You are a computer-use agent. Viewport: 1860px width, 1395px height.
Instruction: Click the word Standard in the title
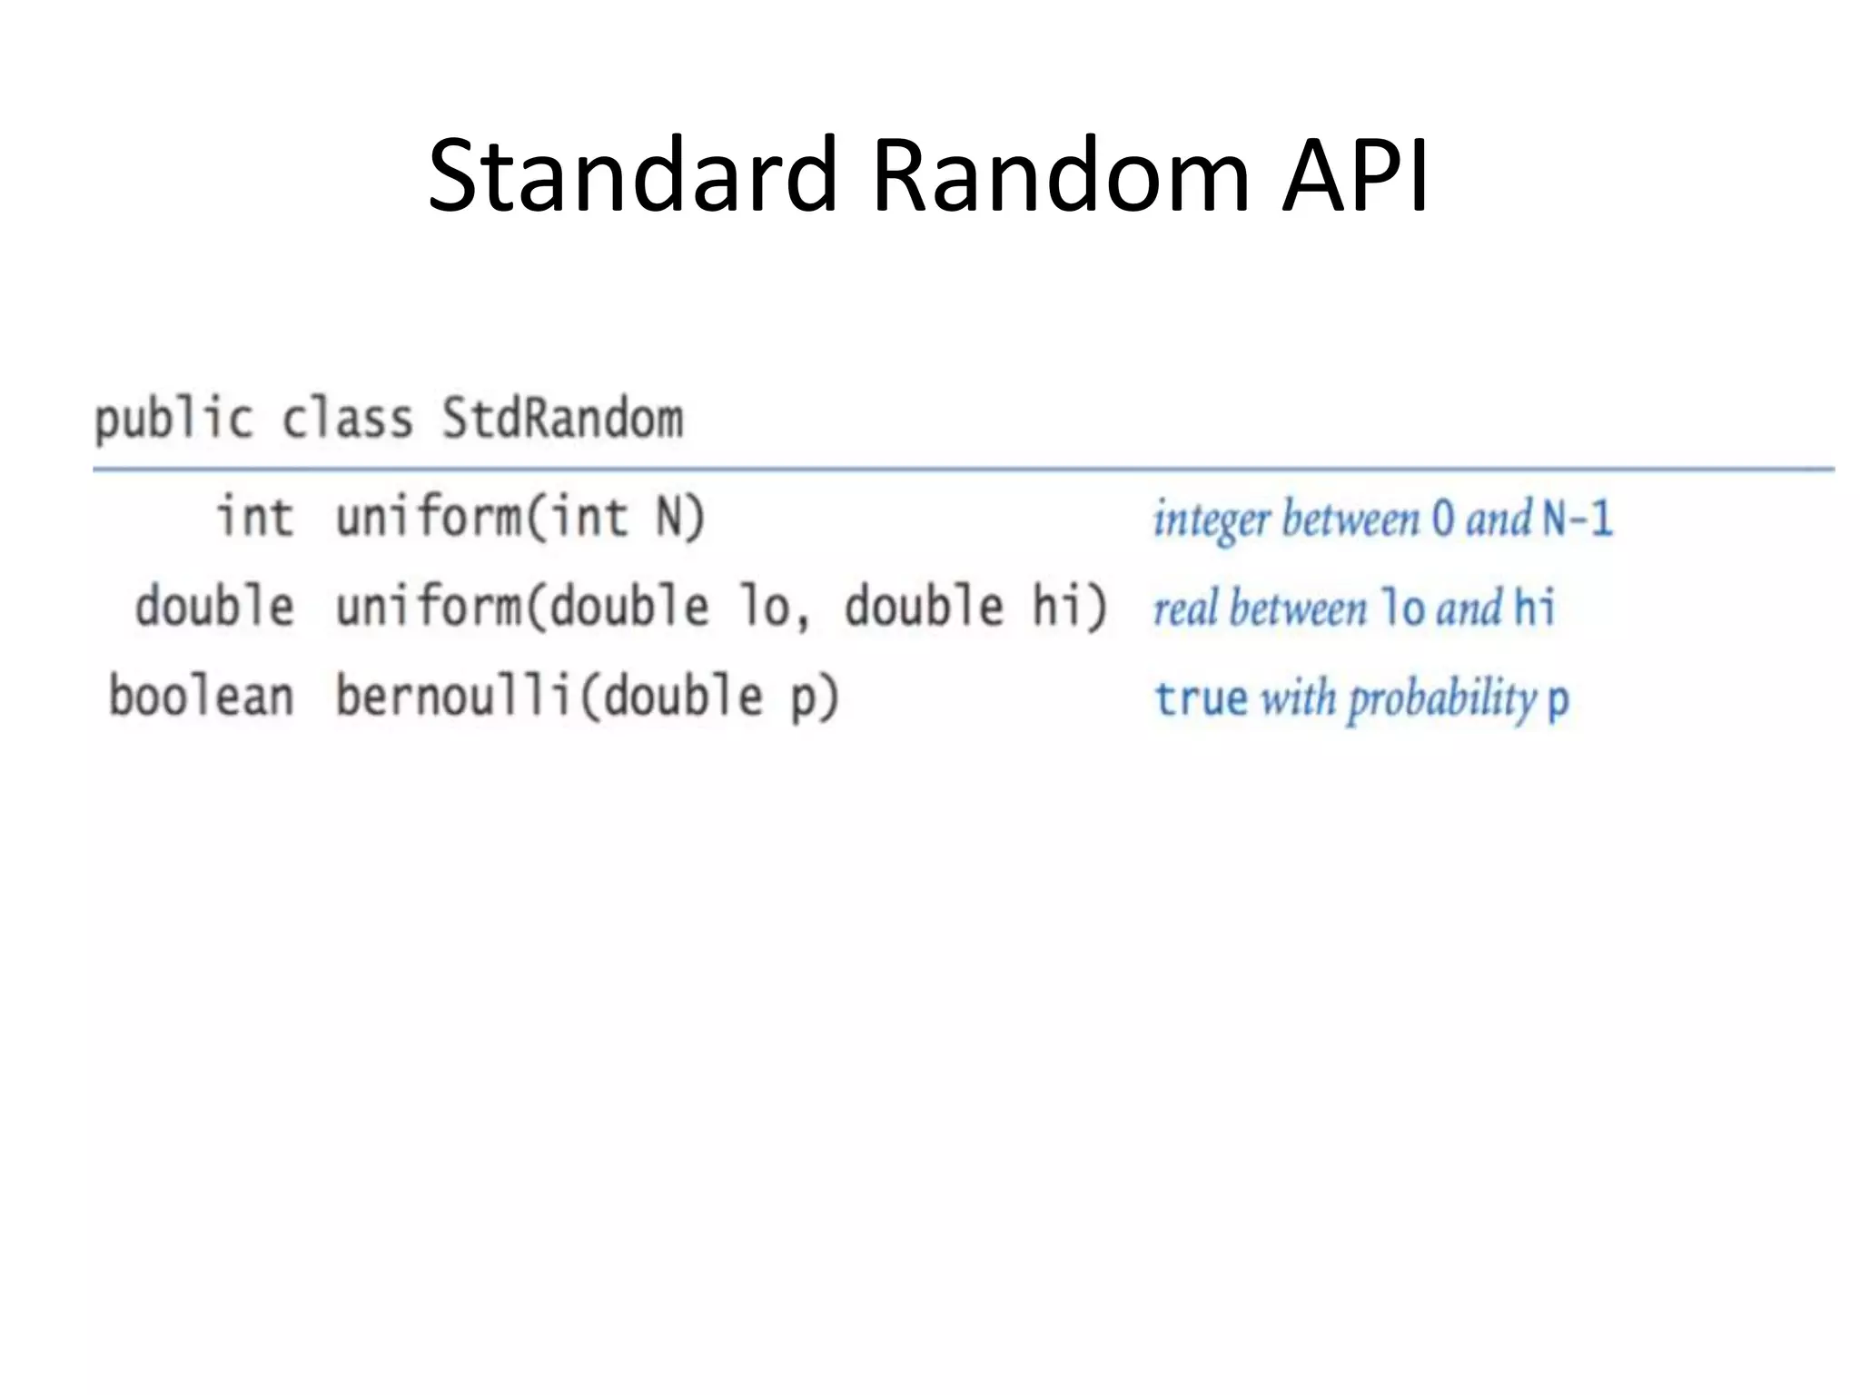(x=632, y=174)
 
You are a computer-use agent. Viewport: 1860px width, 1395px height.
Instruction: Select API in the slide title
(x=1355, y=174)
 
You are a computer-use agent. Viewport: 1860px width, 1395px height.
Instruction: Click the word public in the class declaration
(x=173, y=420)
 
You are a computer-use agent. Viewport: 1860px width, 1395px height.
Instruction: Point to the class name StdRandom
(x=562, y=419)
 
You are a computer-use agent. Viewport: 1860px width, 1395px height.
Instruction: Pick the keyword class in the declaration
(x=347, y=419)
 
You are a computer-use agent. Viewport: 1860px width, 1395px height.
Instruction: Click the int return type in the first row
(x=254, y=517)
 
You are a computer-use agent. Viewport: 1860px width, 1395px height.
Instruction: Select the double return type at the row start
(x=214, y=606)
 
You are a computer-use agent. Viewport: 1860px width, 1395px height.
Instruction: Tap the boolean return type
(x=202, y=696)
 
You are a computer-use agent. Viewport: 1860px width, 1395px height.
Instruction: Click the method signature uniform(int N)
(x=519, y=517)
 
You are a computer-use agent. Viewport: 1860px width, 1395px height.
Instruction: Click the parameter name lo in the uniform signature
(x=772, y=606)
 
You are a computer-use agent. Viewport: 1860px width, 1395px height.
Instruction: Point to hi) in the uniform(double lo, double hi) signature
(x=1069, y=606)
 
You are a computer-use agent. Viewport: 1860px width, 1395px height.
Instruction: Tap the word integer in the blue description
(x=1211, y=520)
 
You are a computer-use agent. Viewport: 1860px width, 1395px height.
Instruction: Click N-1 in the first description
(x=1577, y=519)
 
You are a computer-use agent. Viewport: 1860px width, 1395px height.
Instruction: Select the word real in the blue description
(x=1184, y=608)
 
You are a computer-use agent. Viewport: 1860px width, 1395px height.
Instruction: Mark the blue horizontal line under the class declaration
(x=963, y=470)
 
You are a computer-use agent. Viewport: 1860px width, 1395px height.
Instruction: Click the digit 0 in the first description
(x=1442, y=519)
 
